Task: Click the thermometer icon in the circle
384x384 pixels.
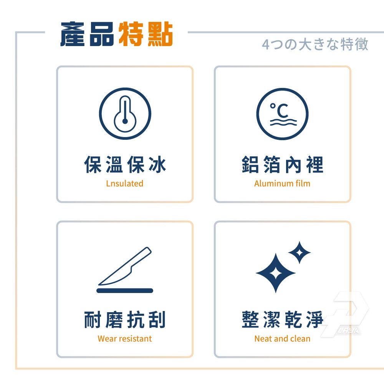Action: [125, 114]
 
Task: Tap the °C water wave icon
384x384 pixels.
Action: [282, 114]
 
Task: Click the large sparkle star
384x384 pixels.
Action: [276, 273]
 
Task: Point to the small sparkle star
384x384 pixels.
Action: [300, 253]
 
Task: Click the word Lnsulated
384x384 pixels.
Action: [125, 184]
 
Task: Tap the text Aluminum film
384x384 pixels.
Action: [282, 184]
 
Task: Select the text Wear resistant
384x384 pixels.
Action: [125, 339]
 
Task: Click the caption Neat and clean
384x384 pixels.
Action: [282, 339]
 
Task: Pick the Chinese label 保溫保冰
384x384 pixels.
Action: [125, 165]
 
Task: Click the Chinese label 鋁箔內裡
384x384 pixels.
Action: [283, 165]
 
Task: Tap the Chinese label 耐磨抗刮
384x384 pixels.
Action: [125, 319]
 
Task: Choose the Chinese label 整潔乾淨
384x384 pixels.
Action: [283, 319]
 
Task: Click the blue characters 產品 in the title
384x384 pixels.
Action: [87, 34]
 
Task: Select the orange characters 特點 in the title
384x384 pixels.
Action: [146, 34]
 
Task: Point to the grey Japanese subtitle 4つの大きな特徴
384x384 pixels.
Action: [315, 44]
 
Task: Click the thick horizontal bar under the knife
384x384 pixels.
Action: [125, 291]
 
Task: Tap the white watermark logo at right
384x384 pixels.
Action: [344, 314]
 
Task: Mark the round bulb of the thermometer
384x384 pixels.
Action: [125, 121]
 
